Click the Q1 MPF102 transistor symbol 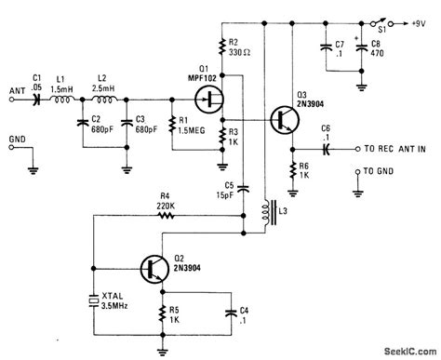click(214, 97)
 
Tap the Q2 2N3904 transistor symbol click(152, 267)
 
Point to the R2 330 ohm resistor click(223, 47)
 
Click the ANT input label click(15, 89)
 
